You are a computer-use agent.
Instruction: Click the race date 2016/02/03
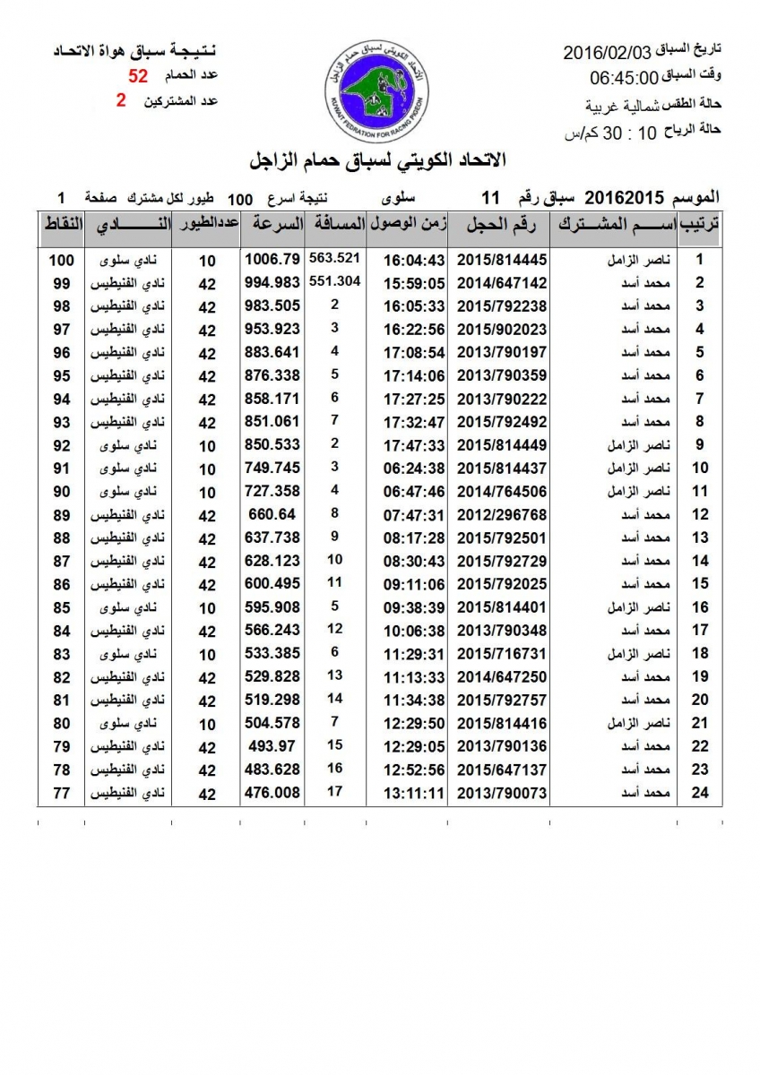(x=608, y=53)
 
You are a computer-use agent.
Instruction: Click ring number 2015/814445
(x=501, y=260)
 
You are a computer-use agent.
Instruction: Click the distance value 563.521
(x=334, y=258)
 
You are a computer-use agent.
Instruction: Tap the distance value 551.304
(x=334, y=280)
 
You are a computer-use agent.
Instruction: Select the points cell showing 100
(x=61, y=260)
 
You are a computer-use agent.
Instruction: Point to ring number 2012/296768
(x=501, y=514)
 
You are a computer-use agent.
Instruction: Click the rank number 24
(x=700, y=793)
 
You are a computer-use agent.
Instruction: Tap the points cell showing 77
(x=61, y=793)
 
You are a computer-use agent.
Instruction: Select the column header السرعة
(x=275, y=225)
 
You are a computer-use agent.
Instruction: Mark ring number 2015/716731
(x=501, y=653)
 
